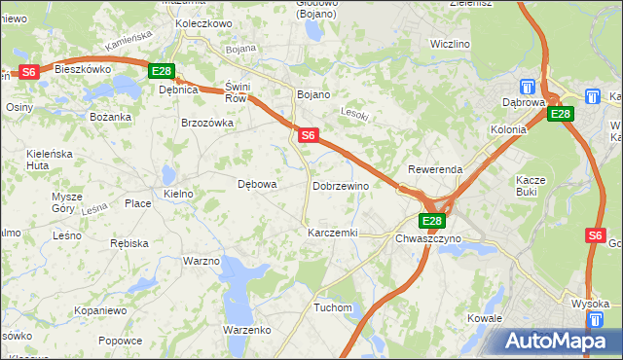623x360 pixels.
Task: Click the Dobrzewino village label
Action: pos(341,185)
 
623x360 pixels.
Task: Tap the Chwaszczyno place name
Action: pos(427,238)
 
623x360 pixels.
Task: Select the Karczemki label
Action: pos(333,234)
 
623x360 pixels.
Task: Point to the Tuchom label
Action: pos(332,307)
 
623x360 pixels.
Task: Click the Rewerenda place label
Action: pos(435,169)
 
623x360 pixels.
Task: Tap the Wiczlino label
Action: pos(450,44)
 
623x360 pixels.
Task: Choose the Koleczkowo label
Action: pos(202,22)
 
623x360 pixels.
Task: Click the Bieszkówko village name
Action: pos(83,70)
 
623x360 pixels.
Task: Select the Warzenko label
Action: pos(246,330)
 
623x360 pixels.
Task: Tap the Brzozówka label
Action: pos(207,123)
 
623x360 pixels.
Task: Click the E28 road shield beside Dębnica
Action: pos(162,71)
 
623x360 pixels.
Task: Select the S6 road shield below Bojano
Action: pos(307,136)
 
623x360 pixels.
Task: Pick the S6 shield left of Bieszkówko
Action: pos(28,71)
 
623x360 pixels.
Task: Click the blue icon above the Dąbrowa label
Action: pos(528,86)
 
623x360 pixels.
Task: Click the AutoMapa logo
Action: pos(558,342)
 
